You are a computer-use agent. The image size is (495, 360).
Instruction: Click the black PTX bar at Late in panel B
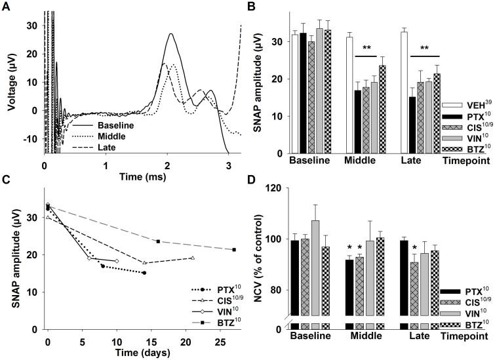(414, 125)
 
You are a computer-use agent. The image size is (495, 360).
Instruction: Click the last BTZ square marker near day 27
(234, 250)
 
